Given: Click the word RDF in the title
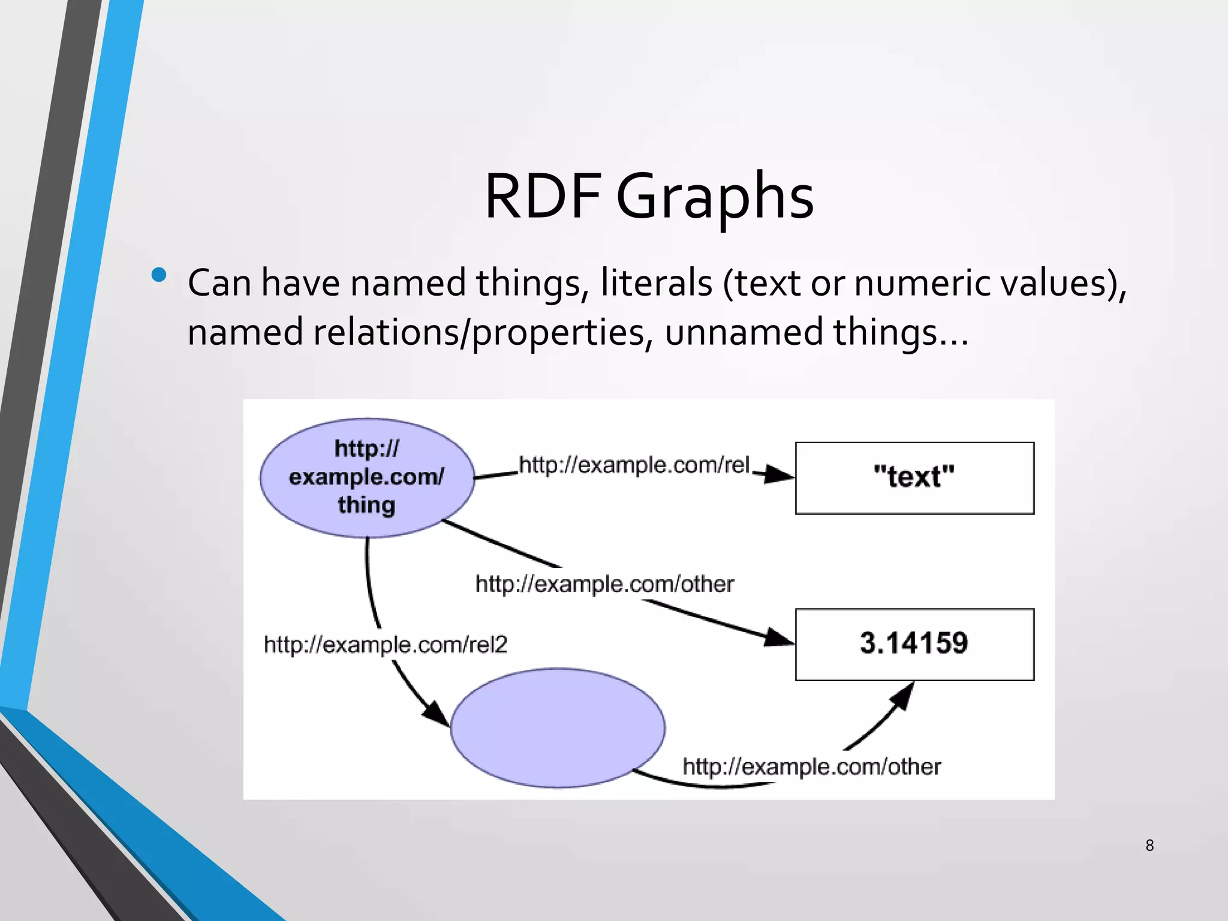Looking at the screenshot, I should [x=543, y=197].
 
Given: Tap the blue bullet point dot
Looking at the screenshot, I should [x=159, y=275].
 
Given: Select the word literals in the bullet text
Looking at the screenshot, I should [x=656, y=283].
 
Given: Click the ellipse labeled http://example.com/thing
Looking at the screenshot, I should [x=367, y=477].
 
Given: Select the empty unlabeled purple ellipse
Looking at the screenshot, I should [x=558, y=727].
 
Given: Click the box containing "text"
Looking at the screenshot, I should [x=914, y=478].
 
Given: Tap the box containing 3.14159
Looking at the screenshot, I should [x=914, y=644].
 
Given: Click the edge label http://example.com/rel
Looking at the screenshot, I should [x=634, y=465].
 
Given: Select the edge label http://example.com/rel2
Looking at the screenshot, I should [x=386, y=645].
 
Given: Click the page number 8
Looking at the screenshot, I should [x=1149, y=845].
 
